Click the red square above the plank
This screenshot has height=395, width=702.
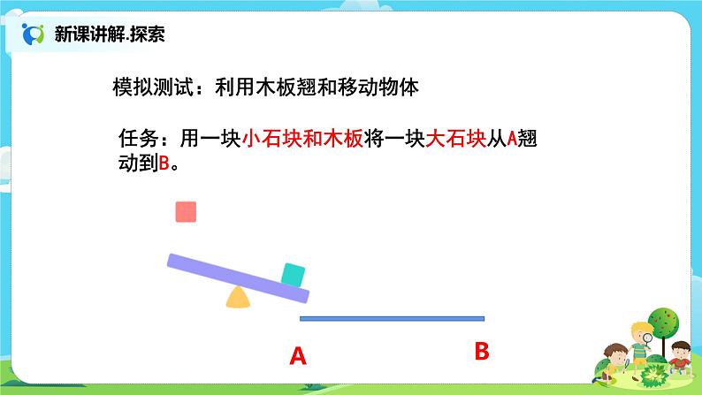(x=186, y=212)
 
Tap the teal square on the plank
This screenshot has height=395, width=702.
(x=293, y=275)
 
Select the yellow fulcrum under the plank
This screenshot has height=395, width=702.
(x=237, y=298)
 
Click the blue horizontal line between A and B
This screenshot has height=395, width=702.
(x=392, y=317)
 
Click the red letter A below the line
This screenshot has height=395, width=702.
(x=298, y=357)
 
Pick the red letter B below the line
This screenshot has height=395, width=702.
(x=482, y=352)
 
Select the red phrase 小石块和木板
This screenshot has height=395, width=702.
(x=301, y=140)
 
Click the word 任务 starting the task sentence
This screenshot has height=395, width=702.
(x=136, y=140)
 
